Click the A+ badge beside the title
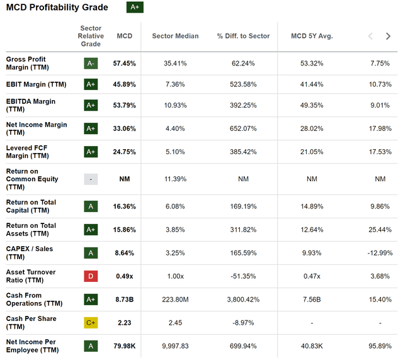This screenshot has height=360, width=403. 135,8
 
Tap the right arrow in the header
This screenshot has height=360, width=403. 388,37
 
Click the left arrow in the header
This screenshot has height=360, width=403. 370,37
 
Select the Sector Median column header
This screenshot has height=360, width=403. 175,37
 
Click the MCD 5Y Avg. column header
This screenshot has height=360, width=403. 312,37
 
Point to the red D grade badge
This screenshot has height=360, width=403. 91,276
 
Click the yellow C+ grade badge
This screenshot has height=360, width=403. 91,323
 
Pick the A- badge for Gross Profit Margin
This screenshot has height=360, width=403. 91,63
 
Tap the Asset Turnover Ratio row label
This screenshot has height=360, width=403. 31,276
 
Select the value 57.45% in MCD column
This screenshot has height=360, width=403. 125,63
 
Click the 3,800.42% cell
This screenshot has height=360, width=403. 242,300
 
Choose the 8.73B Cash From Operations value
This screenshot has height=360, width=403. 125,300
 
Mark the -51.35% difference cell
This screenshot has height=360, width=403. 242,276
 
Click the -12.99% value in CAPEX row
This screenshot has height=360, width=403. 380,253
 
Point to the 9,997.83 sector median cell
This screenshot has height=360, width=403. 175,346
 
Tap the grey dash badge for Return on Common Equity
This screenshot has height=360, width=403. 91,179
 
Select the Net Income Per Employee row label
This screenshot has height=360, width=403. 31,346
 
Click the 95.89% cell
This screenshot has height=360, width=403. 380,346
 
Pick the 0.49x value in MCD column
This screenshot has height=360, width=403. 125,276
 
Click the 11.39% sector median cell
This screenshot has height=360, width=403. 175,179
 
